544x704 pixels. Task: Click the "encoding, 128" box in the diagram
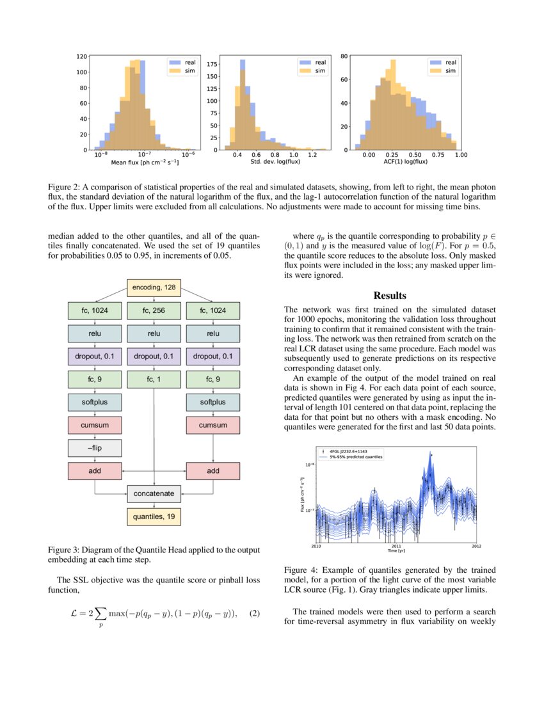click(x=154, y=288)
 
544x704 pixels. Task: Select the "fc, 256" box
click(x=154, y=310)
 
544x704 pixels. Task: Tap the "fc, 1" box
click(x=154, y=380)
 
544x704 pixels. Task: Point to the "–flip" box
click(x=95, y=448)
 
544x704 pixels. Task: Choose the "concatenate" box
click(x=154, y=493)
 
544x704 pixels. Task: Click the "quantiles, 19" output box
click(x=154, y=516)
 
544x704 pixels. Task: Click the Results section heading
click(x=390, y=295)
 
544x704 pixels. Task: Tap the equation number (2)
click(x=255, y=614)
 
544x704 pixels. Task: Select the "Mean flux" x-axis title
click(x=145, y=163)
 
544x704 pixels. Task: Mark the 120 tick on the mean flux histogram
click(x=82, y=56)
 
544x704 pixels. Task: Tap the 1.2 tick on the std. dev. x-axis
click(x=312, y=155)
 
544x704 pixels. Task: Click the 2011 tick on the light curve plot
click(x=396, y=546)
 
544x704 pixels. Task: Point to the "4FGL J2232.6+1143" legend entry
click(x=349, y=451)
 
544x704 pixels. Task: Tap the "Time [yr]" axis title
click(x=396, y=550)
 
